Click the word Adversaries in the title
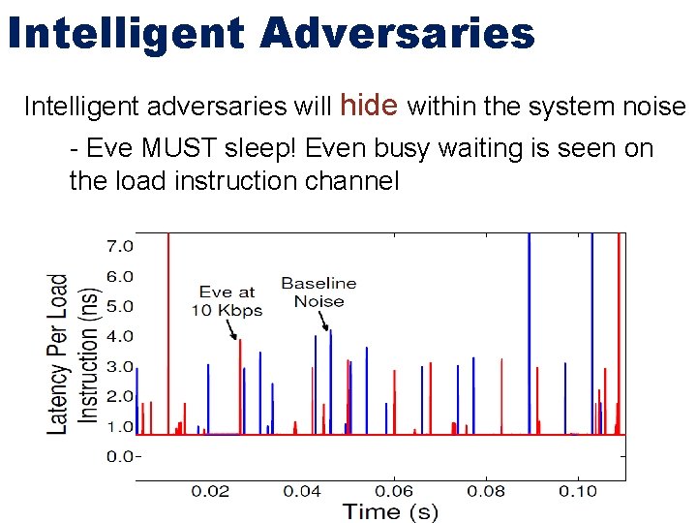tap(398, 33)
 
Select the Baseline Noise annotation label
tap(318, 292)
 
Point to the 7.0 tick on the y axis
tap(119, 246)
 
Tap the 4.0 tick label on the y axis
tap(119, 336)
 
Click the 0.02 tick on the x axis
tap(210, 492)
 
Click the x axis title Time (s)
tap(388, 512)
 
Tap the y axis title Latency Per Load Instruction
tap(74, 353)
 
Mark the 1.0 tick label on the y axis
tap(119, 426)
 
